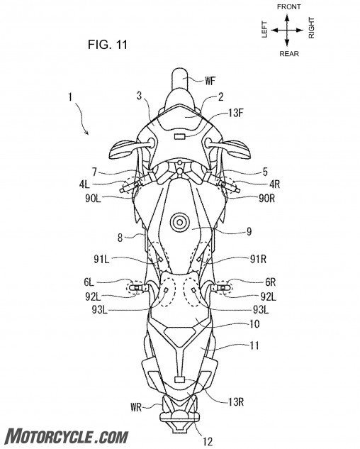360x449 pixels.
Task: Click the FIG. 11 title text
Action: pyautogui.click(x=108, y=45)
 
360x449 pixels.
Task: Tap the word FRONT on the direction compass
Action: pyautogui.click(x=288, y=6)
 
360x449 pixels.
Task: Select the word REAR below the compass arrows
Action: pyautogui.click(x=289, y=53)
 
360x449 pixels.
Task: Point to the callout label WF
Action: pyautogui.click(x=210, y=81)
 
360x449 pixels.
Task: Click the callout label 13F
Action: pyautogui.click(x=236, y=113)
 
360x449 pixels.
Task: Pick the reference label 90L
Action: pyautogui.click(x=93, y=199)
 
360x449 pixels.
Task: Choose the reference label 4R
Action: pyautogui.click(x=274, y=184)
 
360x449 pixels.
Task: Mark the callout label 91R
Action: pyautogui.click(x=258, y=259)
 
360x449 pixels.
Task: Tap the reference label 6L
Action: pyautogui.click(x=89, y=282)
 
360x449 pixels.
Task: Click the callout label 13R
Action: pyautogui.click(x=236, y=402)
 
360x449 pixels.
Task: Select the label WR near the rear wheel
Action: pyautogui.click(x=136, y=407)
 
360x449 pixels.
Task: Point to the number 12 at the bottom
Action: pyautogui.click(x=208, y=441)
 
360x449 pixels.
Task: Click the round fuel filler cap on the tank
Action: pyautogui.click(x=179, y=222)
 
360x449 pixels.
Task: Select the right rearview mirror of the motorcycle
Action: pyautogui.click(x=237, y=149)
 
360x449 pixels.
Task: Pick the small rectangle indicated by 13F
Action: pyautogui.click(x=179, y=137)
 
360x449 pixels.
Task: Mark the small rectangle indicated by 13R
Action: pyautogui.click(x=180, y=380)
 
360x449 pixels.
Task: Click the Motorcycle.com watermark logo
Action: pyautogui.click(x=67, y=436)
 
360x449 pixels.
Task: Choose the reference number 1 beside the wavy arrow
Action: pyautogui.click(x=70, y=97)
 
